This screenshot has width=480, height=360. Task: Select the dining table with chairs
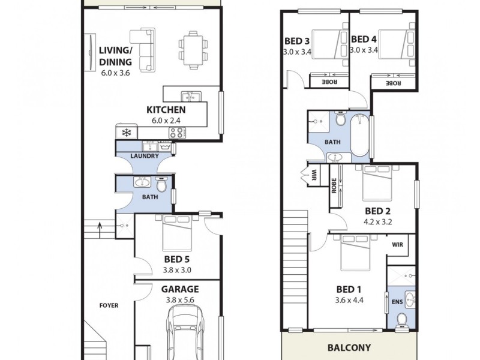(193, 48)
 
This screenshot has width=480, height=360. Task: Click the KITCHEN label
(166, 110)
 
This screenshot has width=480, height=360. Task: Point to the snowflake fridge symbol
(127, 133)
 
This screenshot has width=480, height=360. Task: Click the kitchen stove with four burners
(178, 133)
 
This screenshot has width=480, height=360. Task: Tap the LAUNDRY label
(143, 157)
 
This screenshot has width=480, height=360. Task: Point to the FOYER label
(109, 305)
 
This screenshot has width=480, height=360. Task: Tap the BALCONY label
(349, 347)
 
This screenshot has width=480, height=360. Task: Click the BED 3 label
(297, 41)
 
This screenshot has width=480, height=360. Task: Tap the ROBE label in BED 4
(394, 82)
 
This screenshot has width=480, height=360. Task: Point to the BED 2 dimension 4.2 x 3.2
(378, 221)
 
